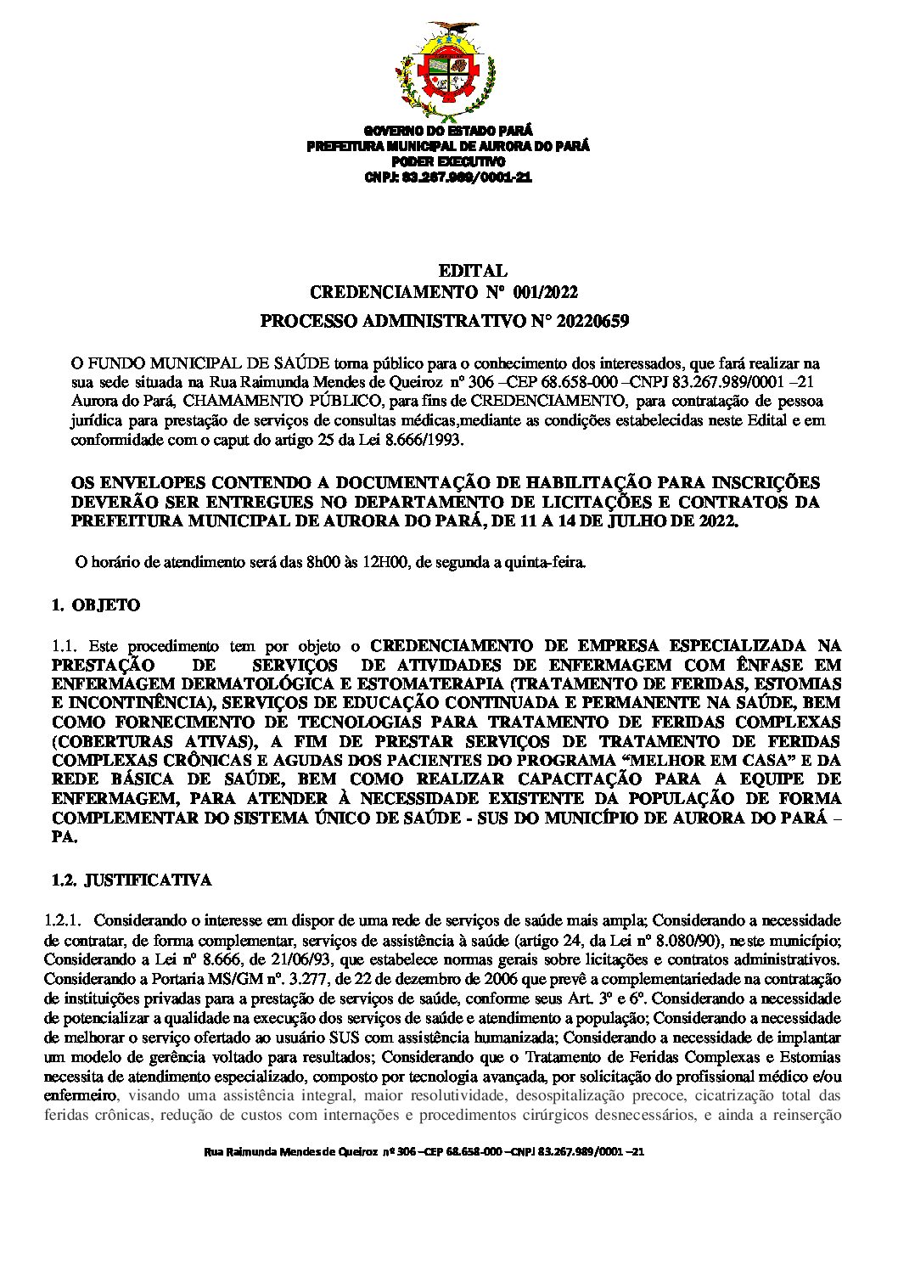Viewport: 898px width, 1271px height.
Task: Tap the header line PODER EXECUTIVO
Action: (x=447, y=161)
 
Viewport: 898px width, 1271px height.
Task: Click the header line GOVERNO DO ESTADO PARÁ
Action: (x=447, y=131)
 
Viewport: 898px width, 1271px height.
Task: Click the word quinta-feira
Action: (x=545, y=562)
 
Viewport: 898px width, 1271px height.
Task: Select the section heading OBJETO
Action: (x=106, y=606)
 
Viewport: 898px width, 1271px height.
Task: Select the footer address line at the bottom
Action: (x=424, y=1153)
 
